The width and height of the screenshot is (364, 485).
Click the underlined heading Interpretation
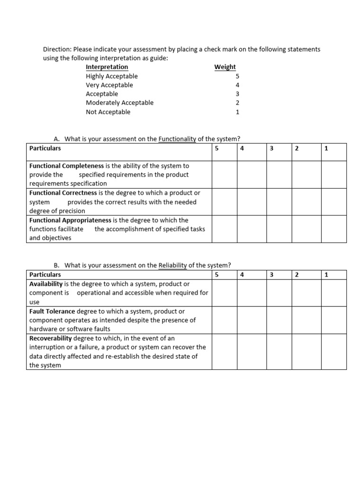click(x=107, y=67)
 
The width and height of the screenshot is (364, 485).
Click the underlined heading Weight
click(x=225, y=67)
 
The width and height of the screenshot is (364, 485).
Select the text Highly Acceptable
click(x=112, y=76)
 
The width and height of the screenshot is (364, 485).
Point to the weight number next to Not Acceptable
click(x=237, y=112)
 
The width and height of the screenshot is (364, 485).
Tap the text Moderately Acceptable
click(x=119, y=103)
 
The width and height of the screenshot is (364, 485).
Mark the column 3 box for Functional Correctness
click(x=279, y=202)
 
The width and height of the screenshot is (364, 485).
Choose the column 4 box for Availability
click(x=251, y=293)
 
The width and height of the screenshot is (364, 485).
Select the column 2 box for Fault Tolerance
click(x=306, y=320)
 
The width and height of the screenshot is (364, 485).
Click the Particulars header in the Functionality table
click(x=45, y=148)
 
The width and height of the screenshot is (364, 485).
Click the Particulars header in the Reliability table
click(x=45, y=275)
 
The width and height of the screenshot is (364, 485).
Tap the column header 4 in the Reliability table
click(x=242, y=275)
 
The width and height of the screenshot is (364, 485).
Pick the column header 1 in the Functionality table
click(x=326, y=148)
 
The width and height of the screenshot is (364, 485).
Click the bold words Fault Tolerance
click(x=52, y=312)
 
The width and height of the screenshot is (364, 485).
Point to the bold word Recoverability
click(x=50, y=339)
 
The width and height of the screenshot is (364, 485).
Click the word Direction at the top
click(x=56, y=49)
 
